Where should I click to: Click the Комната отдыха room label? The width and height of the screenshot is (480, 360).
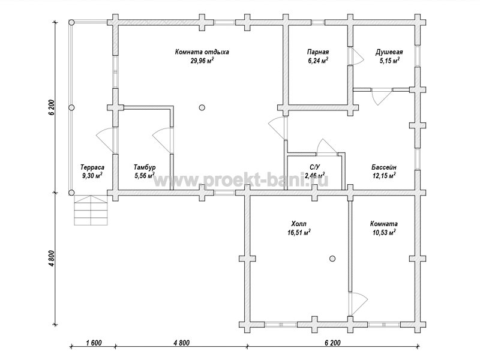(x=202, y=52)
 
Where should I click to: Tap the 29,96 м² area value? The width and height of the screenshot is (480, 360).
(x=202, y=61)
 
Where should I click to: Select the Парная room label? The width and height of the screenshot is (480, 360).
(x=318, y=52)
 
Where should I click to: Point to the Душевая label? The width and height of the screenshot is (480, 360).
(x=389, y=52)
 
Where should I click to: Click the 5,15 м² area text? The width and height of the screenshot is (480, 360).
(x=389, y=61)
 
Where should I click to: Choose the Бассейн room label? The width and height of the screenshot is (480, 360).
(x=384, y=167)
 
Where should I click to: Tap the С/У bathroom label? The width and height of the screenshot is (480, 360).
(x=314, y=167)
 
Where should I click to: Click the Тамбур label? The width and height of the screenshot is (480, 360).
(x=145, y=167)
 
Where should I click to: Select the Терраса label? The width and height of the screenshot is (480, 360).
(x=92, y=167)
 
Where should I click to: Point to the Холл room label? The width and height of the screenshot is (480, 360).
(x=299, y=224)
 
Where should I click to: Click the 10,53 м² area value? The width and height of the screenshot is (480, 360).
(x=384, y=232)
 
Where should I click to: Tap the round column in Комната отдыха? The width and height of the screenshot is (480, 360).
(x=202, y=107)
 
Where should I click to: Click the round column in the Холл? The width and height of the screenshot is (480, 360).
(x=332, y=259)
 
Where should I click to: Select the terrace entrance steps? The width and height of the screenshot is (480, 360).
(x=91, y=211)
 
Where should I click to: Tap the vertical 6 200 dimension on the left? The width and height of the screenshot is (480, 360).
(x=52, y=107)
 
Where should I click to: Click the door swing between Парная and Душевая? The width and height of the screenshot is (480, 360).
(x=357, y=56)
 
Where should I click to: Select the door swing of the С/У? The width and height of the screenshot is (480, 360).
(x=327, y=146)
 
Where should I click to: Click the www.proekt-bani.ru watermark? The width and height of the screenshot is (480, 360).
(x=241, y=181)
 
